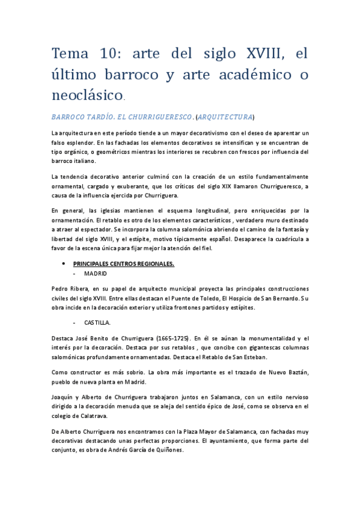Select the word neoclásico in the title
[x=87, y=94]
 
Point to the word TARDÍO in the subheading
[x=105, y=116]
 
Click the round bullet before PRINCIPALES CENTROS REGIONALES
[x=64, y=263]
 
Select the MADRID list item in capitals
[x=96, y=272]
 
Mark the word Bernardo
[x=279, y=299]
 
